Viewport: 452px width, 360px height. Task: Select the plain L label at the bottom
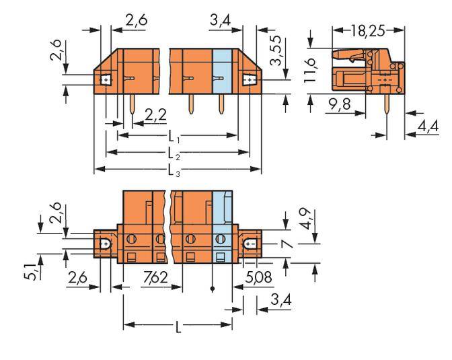coord(178,328)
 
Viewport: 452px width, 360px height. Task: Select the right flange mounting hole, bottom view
coord(250,243)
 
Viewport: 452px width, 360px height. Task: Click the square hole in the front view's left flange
coord(106,81)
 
